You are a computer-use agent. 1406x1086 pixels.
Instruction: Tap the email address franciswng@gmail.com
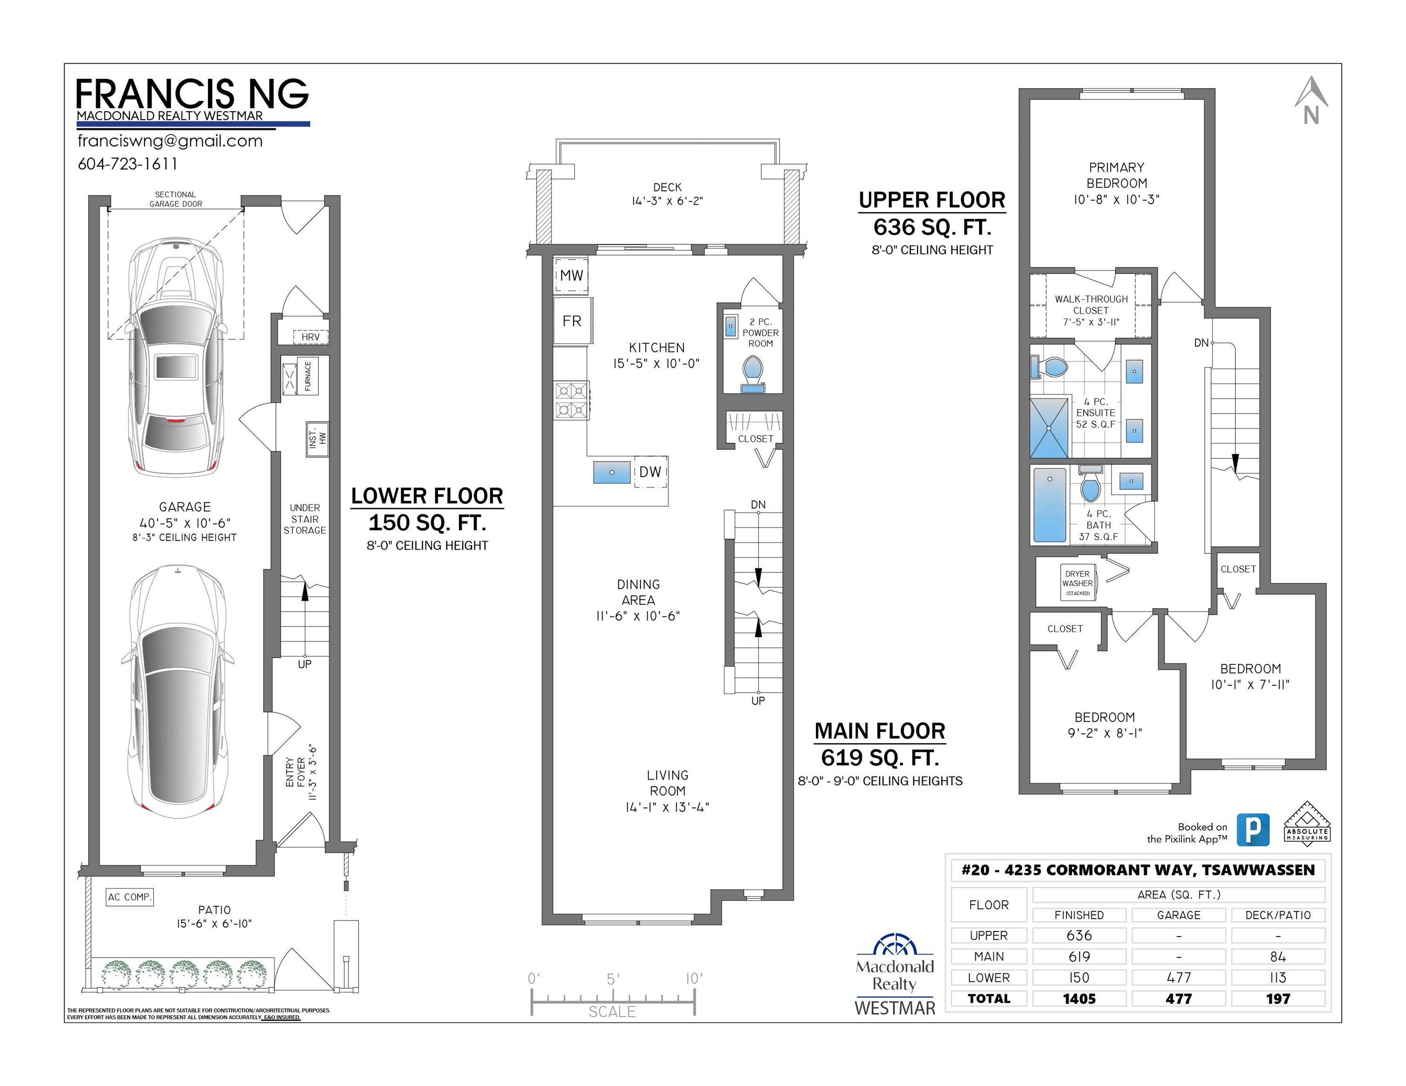click(x=170, y=141)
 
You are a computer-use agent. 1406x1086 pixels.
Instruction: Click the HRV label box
click(x=310, y=337)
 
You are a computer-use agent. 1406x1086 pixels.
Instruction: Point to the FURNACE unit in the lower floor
click(x=308, y=376)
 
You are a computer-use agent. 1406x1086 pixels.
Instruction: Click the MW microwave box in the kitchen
click(x=571, y=275)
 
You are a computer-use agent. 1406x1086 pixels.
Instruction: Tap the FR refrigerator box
click(x=572, y=321)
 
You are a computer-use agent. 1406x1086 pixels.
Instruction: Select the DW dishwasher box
click(x=650, y=471)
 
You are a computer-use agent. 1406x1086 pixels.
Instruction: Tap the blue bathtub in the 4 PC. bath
click(x=1050, y=505)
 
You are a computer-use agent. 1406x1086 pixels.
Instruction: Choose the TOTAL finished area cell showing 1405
click(x=1079, y=998)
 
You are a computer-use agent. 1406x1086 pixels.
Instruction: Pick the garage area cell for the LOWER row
click(x=1178, y=977)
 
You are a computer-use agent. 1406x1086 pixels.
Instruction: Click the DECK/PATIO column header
click(x=1278, y=915)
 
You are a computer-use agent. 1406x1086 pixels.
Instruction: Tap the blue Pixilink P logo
click(x=1253, y=830)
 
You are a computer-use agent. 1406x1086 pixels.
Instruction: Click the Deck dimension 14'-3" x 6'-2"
click(x=667, y=201)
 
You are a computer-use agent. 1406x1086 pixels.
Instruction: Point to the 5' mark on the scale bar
click(x=613, y=979)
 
